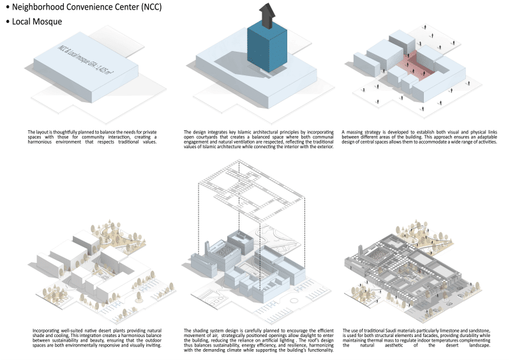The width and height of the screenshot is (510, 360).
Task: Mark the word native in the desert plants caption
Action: coord(78,331)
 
